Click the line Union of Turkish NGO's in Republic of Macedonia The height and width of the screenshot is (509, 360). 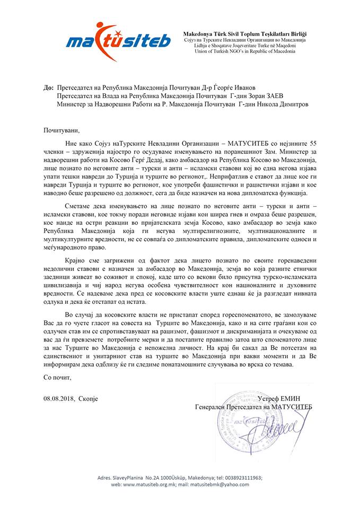[x=236, y=52]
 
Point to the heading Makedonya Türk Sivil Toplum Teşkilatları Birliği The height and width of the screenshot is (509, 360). [x=244, y=34]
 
